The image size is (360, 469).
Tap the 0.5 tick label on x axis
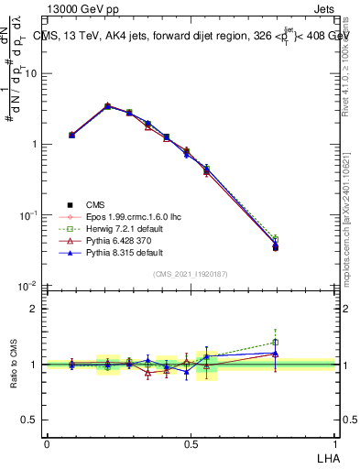(x=190, y=442)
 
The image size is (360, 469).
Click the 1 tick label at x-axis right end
(x=333, y=442)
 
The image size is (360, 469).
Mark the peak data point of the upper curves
(x=108, y=106)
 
